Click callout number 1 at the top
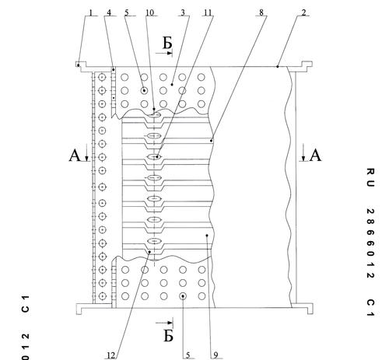91,12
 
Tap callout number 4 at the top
109,12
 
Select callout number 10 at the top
149,12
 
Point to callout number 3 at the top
183,12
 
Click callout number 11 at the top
208,12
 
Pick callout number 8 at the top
261,12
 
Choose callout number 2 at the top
304,12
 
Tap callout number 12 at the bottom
111,355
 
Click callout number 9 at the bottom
216,355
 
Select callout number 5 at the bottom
188,355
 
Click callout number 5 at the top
127,12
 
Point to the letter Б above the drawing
167,43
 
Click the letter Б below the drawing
169,336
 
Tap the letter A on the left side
75,156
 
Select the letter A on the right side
316,156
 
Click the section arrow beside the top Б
164,54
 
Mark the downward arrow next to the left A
87,155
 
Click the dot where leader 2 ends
277,67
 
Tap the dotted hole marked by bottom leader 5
183,296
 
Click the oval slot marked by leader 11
155,156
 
